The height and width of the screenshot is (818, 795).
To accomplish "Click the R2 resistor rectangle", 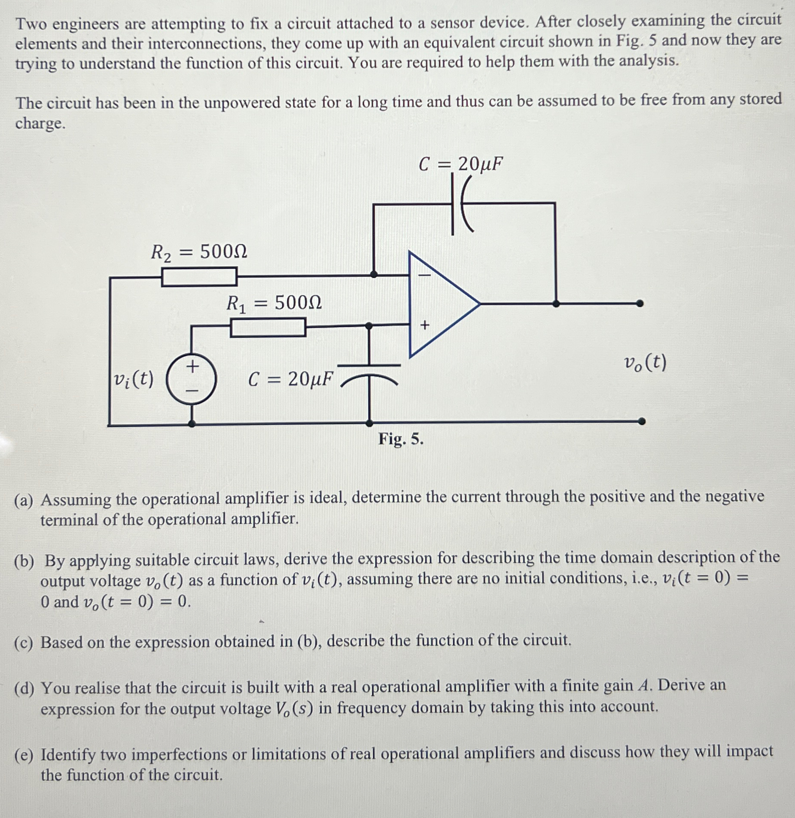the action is tap(199, 277).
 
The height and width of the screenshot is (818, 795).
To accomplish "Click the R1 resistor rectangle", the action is tap(268, 328).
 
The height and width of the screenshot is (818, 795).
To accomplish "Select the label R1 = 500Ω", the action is tap(274, 304).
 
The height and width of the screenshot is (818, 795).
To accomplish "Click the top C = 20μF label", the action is tap(460, 164).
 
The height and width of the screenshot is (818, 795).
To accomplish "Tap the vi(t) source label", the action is tap(133, 379).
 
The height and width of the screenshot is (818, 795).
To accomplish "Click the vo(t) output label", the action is tap(645, 363).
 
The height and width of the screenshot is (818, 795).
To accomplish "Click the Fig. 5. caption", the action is tap(400, 439).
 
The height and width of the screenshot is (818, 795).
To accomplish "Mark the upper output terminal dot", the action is tap(640, 304).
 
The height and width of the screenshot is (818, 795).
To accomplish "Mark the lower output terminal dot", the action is tap(641, 421).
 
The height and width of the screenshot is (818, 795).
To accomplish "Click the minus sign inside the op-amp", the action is tap(424, 275).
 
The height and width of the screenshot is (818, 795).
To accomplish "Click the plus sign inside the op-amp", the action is tap(424, 325).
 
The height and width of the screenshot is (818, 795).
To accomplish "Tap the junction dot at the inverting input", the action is tap(374, 274).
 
